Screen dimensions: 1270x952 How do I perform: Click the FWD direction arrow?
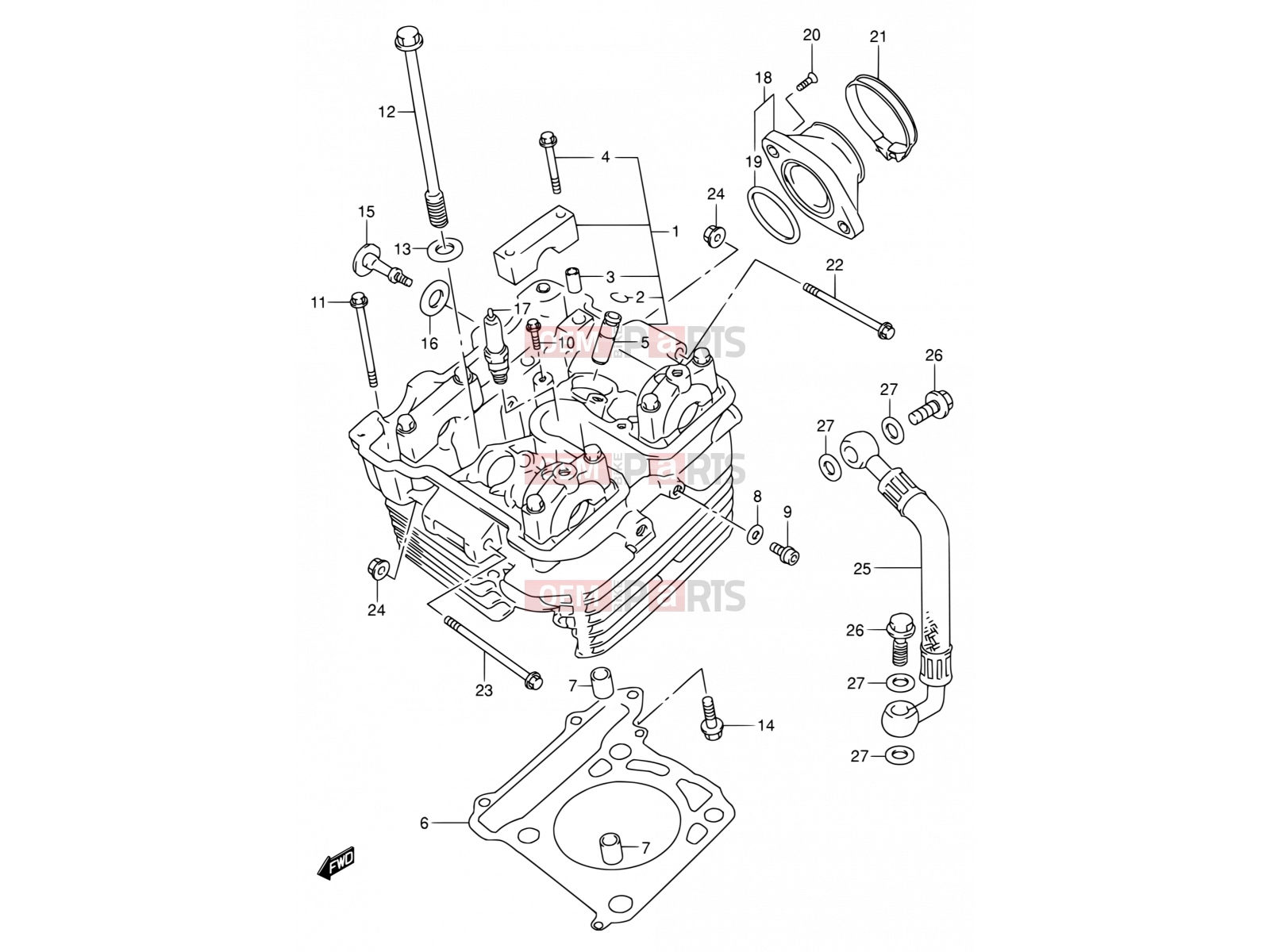337,863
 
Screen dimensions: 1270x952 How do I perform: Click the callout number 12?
387,112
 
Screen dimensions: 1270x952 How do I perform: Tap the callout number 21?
878,36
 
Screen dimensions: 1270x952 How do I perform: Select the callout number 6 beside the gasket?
424,823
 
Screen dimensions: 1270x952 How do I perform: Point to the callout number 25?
861,569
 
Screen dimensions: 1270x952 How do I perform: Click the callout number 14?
765,725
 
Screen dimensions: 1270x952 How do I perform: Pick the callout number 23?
483,690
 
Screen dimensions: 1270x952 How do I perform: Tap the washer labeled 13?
445,248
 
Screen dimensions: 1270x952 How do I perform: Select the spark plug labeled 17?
495,346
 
